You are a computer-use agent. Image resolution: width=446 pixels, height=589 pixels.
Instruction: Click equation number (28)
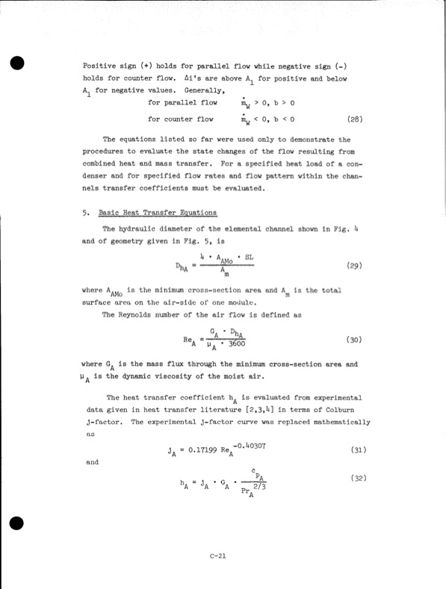356,119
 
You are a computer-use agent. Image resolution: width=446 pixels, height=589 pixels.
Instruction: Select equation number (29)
356,266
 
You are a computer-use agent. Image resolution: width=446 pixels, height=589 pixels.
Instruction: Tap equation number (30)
356,340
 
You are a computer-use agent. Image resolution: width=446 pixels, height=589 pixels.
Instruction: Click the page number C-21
219,555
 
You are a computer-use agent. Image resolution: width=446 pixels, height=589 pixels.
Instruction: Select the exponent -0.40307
257,446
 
